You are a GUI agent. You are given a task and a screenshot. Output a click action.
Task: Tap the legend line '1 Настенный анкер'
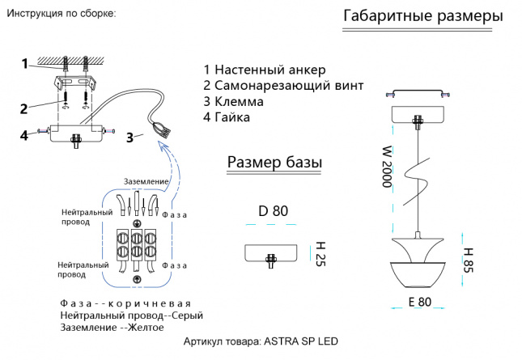coord(265,69)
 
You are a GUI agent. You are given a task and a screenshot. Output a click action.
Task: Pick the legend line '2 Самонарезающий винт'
coord(283,85)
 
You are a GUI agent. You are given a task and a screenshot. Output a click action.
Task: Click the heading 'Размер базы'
coord(274,163)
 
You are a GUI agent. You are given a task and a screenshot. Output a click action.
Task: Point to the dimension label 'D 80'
coord(273,212)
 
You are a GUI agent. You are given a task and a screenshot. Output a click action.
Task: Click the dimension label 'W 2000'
coord(387,167)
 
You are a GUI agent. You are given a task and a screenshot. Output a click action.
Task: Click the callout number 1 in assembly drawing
coord(24,63)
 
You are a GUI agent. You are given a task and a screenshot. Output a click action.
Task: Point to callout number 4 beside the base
coord(24,135)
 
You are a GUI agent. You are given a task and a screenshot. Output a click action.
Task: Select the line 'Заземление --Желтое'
coord(112,328)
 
